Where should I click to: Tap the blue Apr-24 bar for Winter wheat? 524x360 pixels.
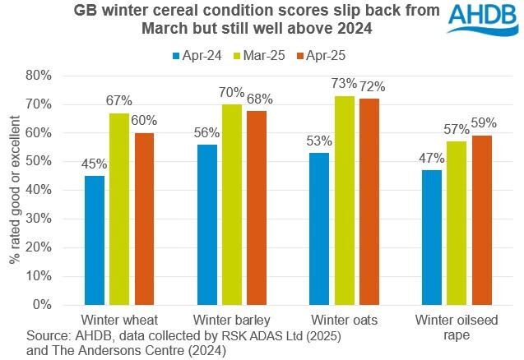tap(95, 240)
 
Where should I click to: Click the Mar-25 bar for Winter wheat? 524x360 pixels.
tap(120, 209)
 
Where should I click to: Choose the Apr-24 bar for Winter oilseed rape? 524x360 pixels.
tap(430, 237)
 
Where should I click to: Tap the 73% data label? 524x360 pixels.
tap(345, 84)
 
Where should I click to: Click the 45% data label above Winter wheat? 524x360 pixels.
tap(95, 164)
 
